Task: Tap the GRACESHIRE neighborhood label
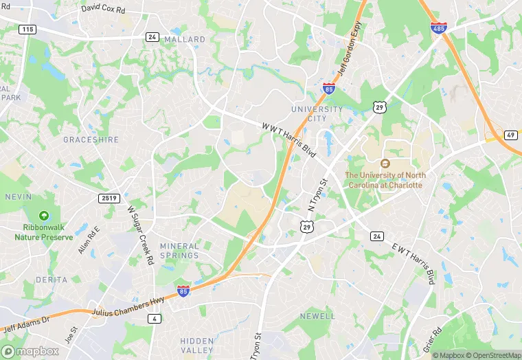pyautogui.click(x=91, y=139)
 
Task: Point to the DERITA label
pyautogui.click(x=52, y=280)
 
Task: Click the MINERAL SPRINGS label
pyautogui.click(x=179, y=251)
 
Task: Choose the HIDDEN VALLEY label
pyautogui.click(x=197, y=345)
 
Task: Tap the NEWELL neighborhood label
pyautogui.click(x=318, y=316)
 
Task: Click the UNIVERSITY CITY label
pyautogui.click(x=317, y=114)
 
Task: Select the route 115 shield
pyautogui.click(x=27, y=29)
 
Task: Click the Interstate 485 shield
pyautogui.click(x=438, y=27)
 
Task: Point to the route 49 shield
pyautogui.click(x=510, y=135)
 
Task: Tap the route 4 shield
pyautogui.click(x=155, y=318)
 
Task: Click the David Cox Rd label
pyautogui.click(x=104, y=10)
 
